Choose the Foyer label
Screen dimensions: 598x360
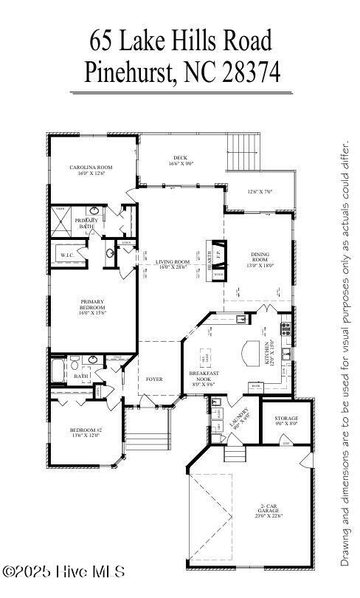click(154, 379)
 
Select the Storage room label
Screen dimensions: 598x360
click(287, 422)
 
